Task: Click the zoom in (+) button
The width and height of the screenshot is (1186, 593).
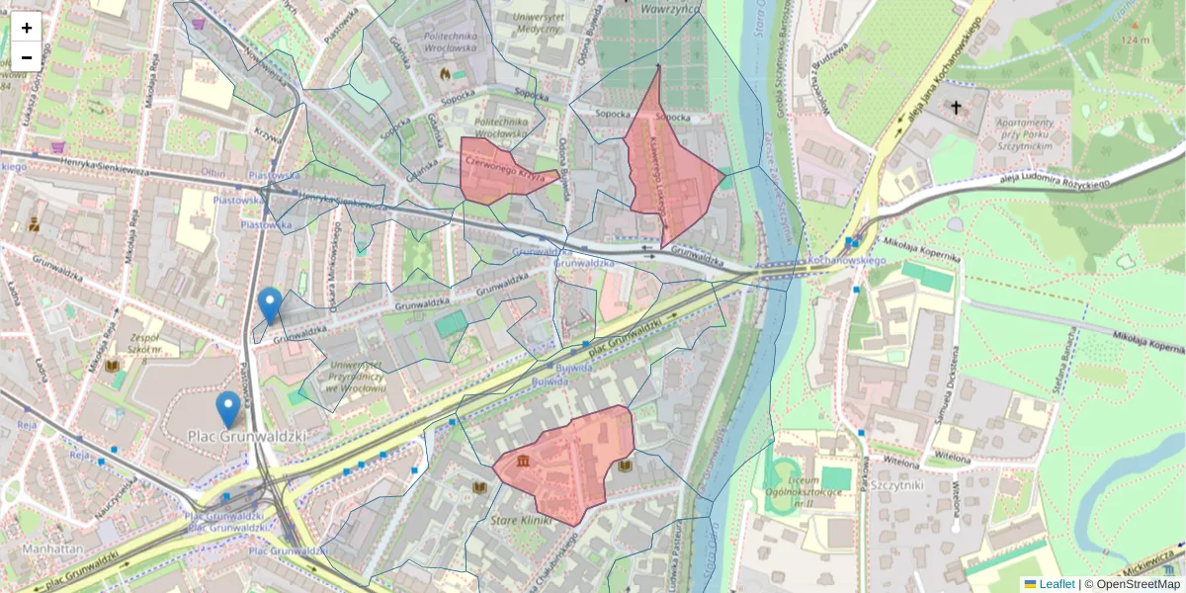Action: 27,28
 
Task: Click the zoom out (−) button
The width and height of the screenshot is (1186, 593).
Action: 27,57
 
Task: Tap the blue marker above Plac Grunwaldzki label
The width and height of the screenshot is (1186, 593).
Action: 228,408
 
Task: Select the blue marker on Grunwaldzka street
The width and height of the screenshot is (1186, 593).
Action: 269,304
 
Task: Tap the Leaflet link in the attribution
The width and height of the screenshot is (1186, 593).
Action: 1057,584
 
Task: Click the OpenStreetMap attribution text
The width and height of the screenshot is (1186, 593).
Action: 1139,584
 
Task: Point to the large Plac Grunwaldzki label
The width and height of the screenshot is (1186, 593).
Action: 247,435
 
